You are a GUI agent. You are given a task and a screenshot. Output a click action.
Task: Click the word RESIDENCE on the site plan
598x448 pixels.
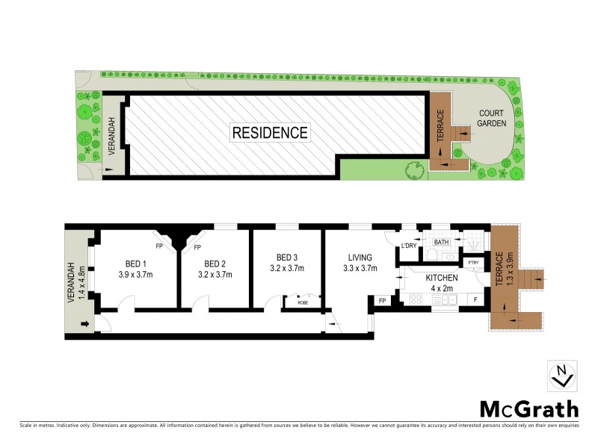click(x=270, y=133)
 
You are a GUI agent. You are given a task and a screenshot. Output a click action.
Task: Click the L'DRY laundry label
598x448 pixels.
click(x=409, y=246)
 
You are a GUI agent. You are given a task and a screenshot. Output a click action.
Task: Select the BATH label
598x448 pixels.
click(x=441, y=242)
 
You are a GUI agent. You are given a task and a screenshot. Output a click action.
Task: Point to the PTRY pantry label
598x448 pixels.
click(x=473, y=263)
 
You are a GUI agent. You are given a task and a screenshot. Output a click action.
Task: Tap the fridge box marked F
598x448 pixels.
click(x=475, y=299)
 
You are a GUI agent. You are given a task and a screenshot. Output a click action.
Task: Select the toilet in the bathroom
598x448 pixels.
click(x=434, y=256)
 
